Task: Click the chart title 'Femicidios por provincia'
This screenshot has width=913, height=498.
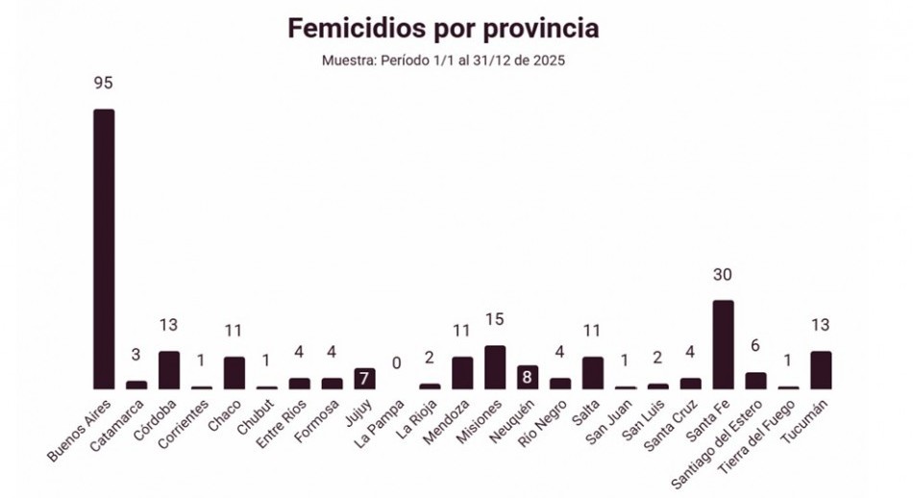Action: [443, 29]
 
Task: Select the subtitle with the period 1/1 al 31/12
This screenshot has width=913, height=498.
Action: [443, 61]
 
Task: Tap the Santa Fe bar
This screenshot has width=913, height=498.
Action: [723, 344]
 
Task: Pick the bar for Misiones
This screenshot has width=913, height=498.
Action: [495, 367]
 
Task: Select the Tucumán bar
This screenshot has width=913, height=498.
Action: [821, 370]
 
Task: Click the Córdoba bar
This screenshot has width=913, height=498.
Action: [169, 370]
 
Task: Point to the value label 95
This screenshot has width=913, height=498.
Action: [104, 84]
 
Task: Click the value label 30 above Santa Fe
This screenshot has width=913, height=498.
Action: [723, 275]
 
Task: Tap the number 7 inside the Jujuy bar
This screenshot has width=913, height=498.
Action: [364, 379]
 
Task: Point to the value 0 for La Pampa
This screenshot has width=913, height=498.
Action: [397, 363]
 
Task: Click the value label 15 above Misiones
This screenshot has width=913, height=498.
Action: [495, 319]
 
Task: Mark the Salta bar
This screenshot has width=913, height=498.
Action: [593, 373]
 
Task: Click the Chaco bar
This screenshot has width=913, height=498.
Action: [234, 373]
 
